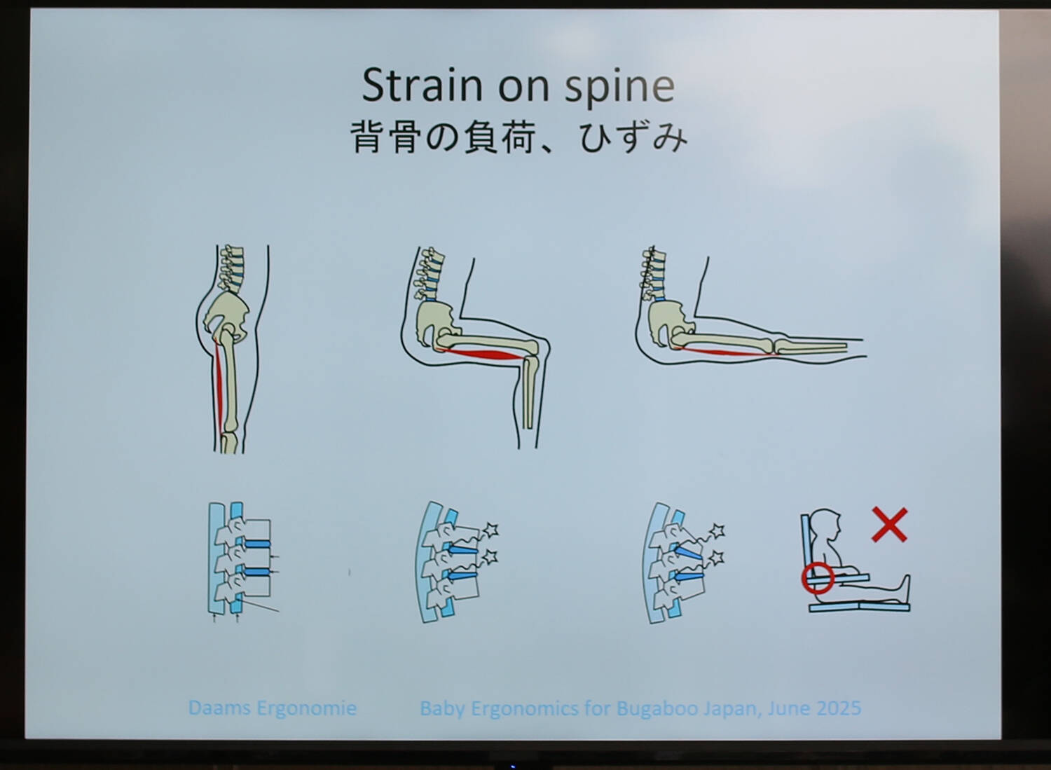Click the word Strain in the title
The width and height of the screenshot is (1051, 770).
(x=423, y=85)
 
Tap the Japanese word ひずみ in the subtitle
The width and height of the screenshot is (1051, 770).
(x=633, y=137)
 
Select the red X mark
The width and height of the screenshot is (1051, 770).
(x=890, y=525)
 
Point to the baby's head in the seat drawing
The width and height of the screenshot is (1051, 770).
(x=826, y=526)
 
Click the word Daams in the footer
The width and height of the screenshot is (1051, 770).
(x=219, y=708)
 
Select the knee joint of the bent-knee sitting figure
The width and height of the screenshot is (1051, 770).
(x=535, y=349)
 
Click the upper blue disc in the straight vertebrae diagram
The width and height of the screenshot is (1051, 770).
(x=256, y=544)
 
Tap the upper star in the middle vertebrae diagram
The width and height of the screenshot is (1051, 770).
(x=491, y=530)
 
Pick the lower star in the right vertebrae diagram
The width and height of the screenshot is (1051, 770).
(x=717, y=558)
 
